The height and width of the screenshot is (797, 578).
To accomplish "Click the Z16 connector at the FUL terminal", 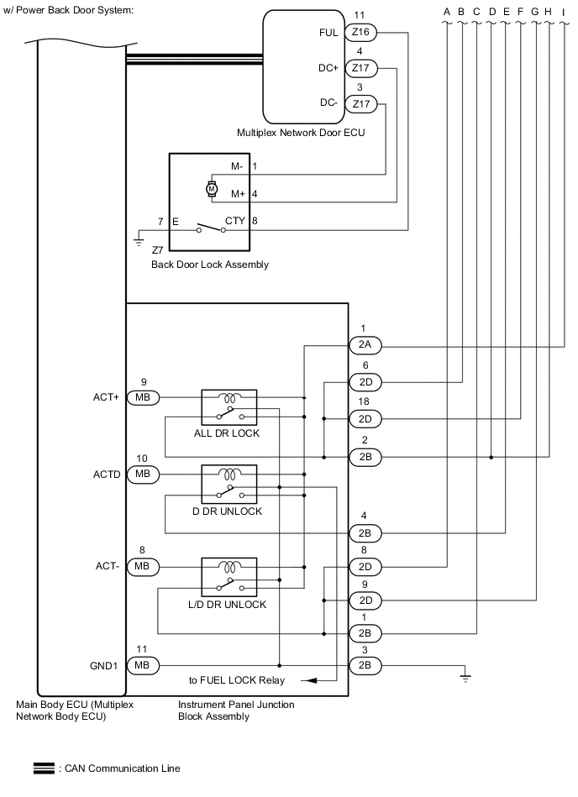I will pyautogui.click(x=362, y=33).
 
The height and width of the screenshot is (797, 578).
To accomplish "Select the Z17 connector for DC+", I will pyautogui.click(x=362, y=69).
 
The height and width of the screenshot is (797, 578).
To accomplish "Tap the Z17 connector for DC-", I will pyautogui.click(x=362, y=104).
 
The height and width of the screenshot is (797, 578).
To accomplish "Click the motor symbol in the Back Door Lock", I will pyautogui.click(x=212, y=190).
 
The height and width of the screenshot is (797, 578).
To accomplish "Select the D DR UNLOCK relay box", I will pyautogui.click(x=229, y=485).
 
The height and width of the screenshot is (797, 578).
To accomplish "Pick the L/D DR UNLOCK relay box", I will pyautogui.click(x=229, y=578).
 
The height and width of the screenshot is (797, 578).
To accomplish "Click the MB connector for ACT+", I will pyautogui.click(x=141, y=396).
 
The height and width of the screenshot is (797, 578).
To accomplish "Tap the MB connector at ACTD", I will pyautogui.click(x=141, y=475).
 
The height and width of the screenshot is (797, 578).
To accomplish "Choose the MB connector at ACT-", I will pyautogui.click(x=141, y=568).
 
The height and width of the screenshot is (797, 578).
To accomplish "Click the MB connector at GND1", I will pyautogui.click(x=141, y=665).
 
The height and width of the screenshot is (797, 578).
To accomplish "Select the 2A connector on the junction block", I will pyautogui.click(x=365, y=345).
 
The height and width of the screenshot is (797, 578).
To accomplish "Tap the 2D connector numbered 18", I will pyautogui.click(x=365, y=418).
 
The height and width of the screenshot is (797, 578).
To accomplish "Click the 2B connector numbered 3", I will pyautogui.click(x=365, y=665).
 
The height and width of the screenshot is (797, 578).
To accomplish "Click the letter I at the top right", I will pyautogui.click(x=563, y=11).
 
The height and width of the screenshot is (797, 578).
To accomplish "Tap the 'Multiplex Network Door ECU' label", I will pyautogui.click(x=301, y=133).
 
